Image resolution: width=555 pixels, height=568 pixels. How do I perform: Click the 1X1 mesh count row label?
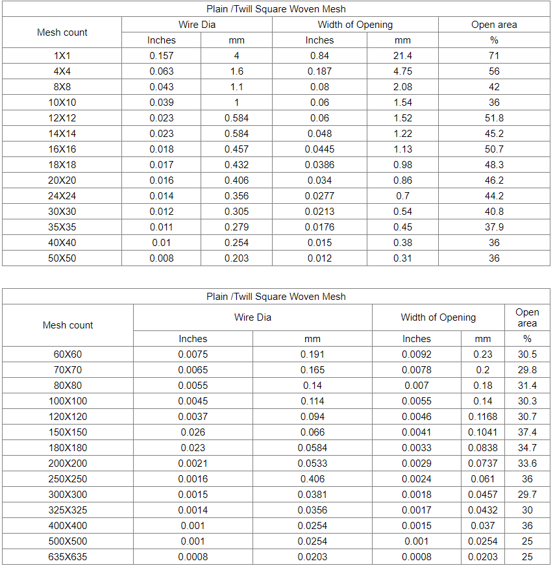[62, 56]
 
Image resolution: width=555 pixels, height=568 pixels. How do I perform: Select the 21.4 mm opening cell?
[402, 56]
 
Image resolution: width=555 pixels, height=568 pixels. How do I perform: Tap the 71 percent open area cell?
[494, 56]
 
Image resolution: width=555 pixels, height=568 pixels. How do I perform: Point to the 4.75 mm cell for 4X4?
[402, 71]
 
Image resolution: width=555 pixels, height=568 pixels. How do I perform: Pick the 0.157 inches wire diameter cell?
[162, 56]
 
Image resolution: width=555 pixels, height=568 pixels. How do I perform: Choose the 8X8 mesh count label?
[62, 87]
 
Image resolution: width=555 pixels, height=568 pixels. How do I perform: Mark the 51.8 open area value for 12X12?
[494, 118]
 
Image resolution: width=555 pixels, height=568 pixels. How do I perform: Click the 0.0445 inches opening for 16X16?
[319, 149]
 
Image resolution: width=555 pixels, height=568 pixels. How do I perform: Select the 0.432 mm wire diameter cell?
[236, 165]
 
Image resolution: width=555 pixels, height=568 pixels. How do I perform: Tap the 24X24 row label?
[62, 196]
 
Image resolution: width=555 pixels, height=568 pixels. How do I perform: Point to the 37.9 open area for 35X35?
[494, 227]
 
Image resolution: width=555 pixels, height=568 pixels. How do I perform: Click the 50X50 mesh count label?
[62, 258]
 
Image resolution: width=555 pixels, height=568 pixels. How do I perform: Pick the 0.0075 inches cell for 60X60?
[193, 354]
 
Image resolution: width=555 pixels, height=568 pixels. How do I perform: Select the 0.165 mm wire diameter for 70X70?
[312, 370]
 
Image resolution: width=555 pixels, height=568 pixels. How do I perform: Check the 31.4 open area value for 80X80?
[527, 386]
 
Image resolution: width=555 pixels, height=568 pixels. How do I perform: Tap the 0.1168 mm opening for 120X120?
[483, 417]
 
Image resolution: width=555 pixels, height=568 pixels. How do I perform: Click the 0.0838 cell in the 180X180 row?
[483, 448]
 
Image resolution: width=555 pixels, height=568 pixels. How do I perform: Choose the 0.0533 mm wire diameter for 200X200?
[312, 463]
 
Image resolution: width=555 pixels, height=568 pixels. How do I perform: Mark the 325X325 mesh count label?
[68, 510]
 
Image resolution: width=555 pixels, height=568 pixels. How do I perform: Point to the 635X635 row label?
[68, 557]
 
